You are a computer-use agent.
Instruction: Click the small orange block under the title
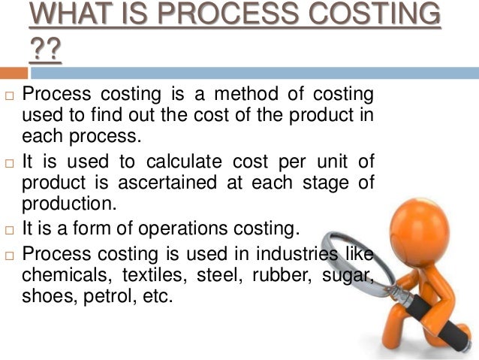click(x=14, y=73)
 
